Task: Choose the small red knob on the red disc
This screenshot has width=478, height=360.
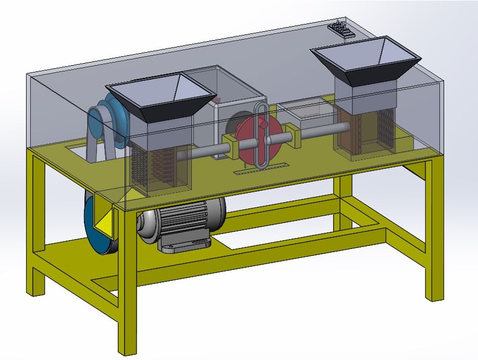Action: [x=263, y=125]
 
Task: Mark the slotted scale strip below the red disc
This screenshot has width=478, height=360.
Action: [x=261, y=168]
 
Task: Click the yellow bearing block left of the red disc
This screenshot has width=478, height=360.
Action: [x=230, y=146]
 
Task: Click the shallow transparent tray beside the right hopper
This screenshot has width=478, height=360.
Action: [x=305, y=112]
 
